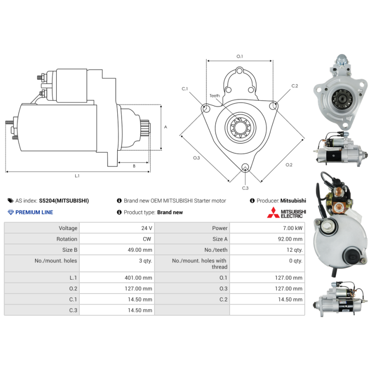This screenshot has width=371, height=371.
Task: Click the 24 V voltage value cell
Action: pyautogui.click(x=147, y=228)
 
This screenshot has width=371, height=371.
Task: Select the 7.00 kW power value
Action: pyautogui.click(x=293, y=228)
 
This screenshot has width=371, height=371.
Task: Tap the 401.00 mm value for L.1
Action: pyautogui.click(x=138, y=277)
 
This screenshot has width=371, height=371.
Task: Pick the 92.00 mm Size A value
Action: pyautogui.click(x=290, y=239)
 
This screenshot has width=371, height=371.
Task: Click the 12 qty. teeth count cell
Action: pyautogui.click(x=294, y=250)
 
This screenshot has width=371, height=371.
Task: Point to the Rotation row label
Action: pyautogui.click(x=67, y=239)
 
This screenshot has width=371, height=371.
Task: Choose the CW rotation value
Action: pyautogui.click(x=147, y=239)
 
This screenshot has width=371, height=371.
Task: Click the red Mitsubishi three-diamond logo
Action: pyautogui.click(x=273, y=212)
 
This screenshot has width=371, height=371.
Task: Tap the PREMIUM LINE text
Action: pyautogui.click(x=34, y=212)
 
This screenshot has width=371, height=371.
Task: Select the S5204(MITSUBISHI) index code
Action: pyautogui.click(x=64, y=201)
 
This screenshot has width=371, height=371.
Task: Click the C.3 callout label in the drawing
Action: pyautogui.click(x=245, y=188)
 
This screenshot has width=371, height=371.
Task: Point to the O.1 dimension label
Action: pyautogui.click(x=240, y=56)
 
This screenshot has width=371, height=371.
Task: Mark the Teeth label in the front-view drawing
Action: pyautogui.click(x=215, y=96)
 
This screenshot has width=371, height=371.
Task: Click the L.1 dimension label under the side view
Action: pyautogui.click(x=77, y=176)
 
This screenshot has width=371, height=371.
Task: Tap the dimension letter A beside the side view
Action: pyautogui.click(x=166, y=127)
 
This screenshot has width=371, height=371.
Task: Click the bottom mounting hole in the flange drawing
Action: pyautogui.click(x=245, y=167)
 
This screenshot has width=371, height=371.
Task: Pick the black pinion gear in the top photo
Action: pyautogui.click(x=341, y=99)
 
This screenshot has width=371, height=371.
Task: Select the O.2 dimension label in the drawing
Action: pyautogui.click(x=289, y=165)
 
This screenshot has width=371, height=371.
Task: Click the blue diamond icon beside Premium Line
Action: pyautogui.click(x=11, y=212)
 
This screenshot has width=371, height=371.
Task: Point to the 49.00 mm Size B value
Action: pyautogui.click(x=140, y=250)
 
